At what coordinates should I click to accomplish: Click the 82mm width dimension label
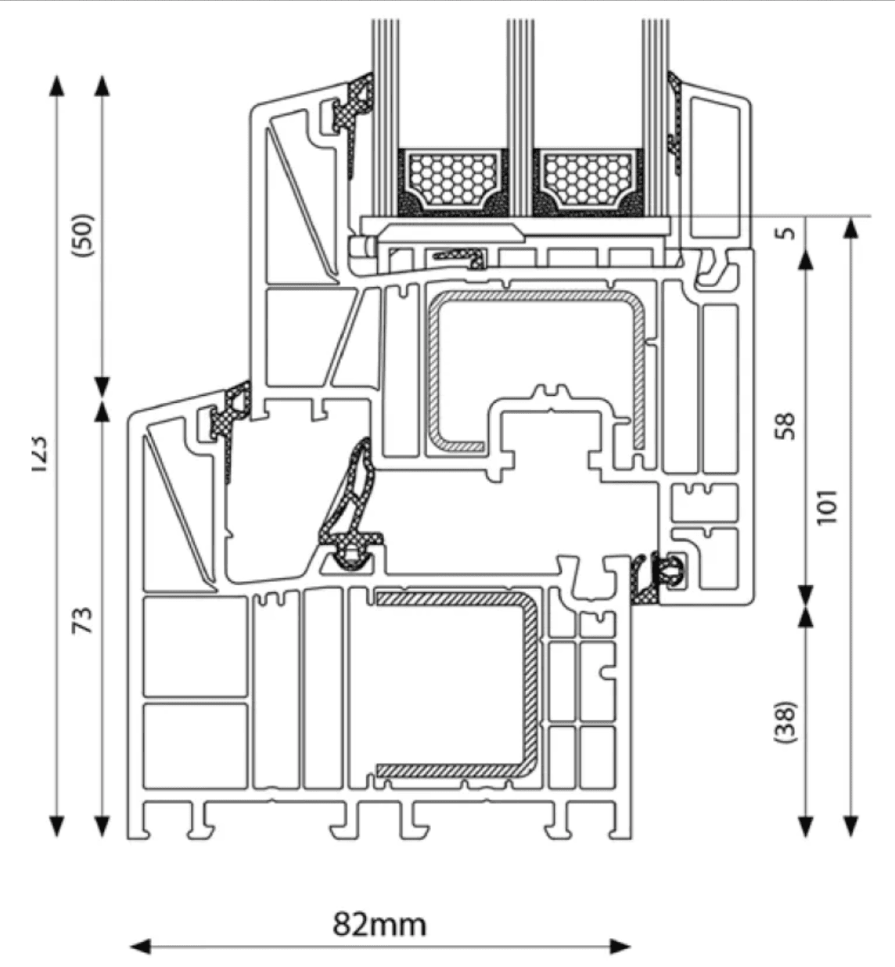coord(379,924)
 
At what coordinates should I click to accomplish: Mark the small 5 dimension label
coord(787,232)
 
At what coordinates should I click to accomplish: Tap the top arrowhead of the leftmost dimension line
coord(56,84)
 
